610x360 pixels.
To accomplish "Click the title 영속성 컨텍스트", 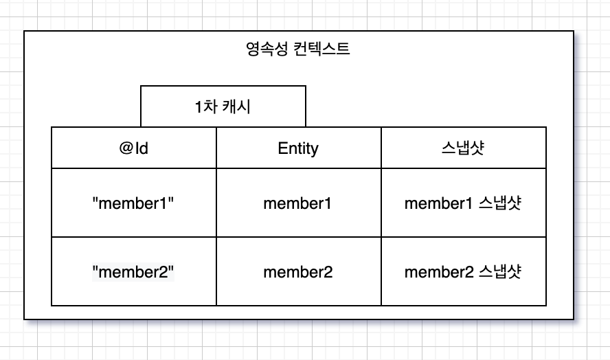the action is (x=298, y=49).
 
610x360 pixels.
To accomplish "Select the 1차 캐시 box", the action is (x=223, y=106).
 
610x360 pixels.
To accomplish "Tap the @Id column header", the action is (x=133, y=148).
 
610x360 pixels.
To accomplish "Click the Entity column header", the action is (x=298, y=148).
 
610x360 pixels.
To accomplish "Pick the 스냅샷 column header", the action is (x=463, y=148).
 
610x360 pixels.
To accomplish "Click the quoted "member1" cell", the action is (x=133, y=203).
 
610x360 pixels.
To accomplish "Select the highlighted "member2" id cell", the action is (x=133, y=272).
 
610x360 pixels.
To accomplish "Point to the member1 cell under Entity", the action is (x=298, y=203).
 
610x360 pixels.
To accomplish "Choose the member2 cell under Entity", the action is (x=298, y=272).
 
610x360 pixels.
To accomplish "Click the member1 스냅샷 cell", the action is (x=463, y=203).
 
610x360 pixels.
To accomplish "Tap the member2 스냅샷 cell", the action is (x=463, y=272).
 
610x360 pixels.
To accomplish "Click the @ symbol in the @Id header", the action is (x=124, y=148).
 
